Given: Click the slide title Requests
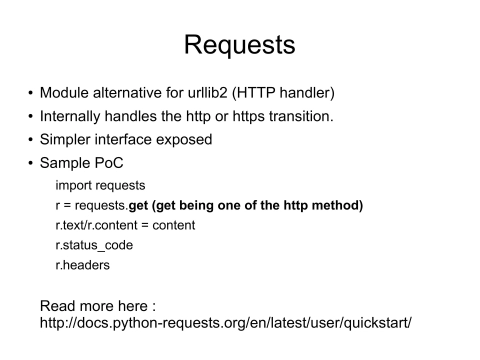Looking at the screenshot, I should [239, 45].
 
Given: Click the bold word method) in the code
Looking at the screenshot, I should [336, 205].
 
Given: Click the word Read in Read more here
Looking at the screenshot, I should [56, 304].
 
